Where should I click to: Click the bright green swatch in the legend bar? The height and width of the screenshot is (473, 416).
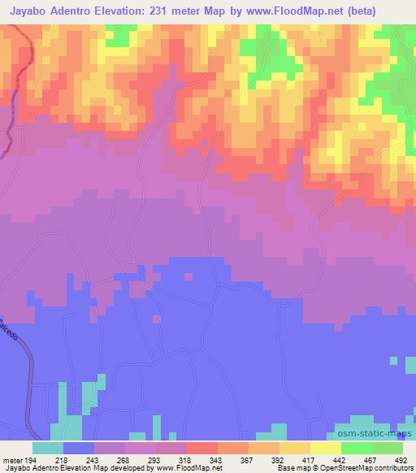(357, 447)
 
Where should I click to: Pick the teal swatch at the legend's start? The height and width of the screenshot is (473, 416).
(48, 447)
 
